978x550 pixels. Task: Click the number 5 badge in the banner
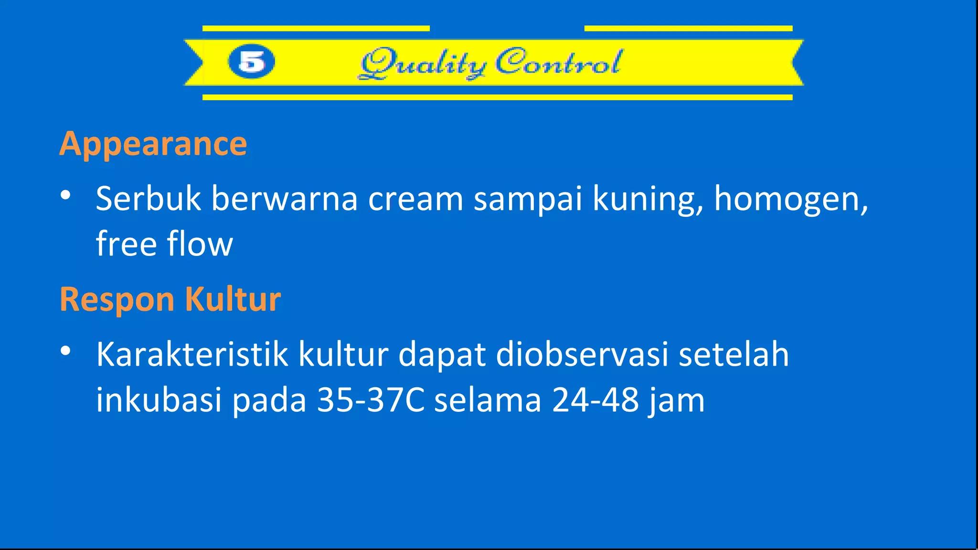pos(252,62)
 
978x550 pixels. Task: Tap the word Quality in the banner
pos(423,63)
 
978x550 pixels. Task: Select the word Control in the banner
pos(558,62)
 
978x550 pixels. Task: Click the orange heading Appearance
pos(153,144)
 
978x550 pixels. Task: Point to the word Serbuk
pos(148,199)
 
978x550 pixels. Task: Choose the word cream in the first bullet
pos(415,199)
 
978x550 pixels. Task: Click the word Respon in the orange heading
pos(117,300)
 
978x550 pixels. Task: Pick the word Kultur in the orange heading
pos(233,300)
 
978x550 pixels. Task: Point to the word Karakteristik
pos(192,355)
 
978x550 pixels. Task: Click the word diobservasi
pos(582,355)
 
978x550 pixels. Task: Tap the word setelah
pos(734,355)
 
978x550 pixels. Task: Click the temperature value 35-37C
pos(371,400)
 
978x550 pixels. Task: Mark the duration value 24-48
pos(595,400)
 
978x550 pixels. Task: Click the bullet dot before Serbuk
pos(66,195)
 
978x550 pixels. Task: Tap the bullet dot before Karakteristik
pos(66,351)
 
